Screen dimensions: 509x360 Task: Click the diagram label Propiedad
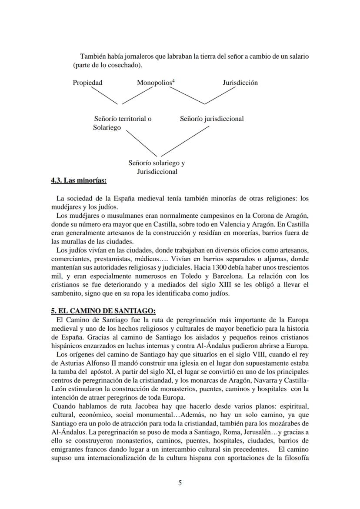(x=87, y=83)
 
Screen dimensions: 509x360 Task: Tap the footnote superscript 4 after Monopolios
(x=173, y=81)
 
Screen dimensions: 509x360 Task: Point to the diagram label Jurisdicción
(x=240, y=83)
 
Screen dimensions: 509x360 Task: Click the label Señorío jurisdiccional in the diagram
(x=212, y=119)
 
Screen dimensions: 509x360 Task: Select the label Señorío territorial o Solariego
(x=122, y=123)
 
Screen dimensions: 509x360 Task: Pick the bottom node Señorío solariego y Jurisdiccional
(x=157, y=167)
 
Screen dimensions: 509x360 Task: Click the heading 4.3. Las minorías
(x=79, y=180)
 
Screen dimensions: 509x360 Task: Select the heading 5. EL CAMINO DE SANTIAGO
(x=103, y=311)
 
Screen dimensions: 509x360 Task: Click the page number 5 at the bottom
(x=180, y=483)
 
